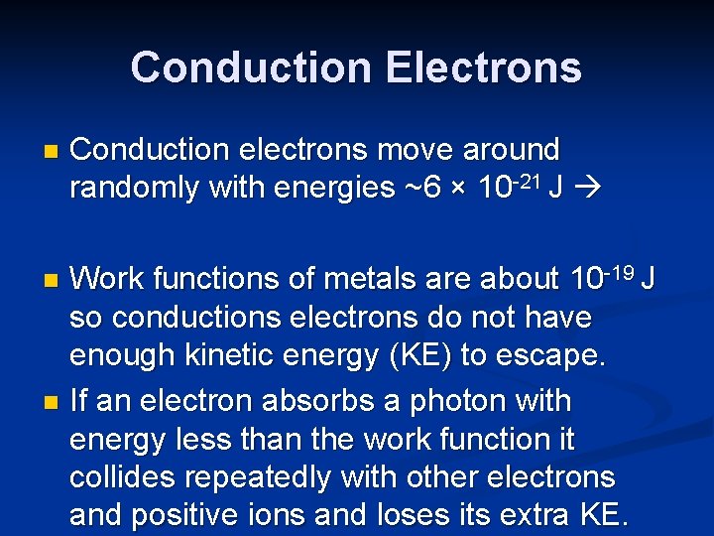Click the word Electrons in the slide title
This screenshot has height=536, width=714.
(x=483, y=67)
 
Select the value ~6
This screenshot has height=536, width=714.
(x=420, y=188)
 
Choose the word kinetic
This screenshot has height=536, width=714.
(x=211, y=356)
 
